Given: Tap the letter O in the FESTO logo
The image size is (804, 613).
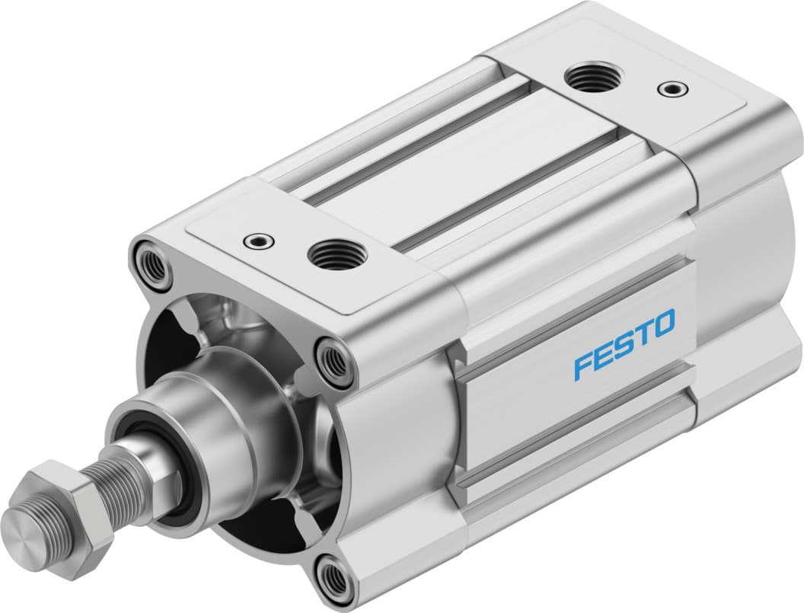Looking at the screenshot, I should (662, 322).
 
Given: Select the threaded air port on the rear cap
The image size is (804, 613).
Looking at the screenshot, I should (595, 77).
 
